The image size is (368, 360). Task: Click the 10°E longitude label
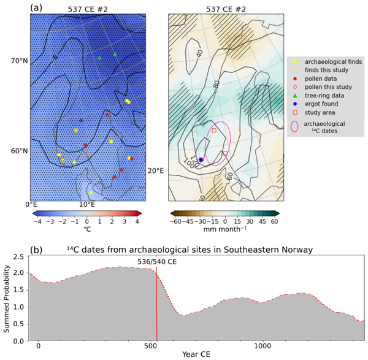coord(86,204)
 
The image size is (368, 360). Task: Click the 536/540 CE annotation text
coord(157,261)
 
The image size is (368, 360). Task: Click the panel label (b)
coord(36,250)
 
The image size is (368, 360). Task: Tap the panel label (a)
coord(36,8)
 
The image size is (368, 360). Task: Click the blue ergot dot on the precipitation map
coord(201,160)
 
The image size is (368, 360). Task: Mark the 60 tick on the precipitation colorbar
coord(275,221)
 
